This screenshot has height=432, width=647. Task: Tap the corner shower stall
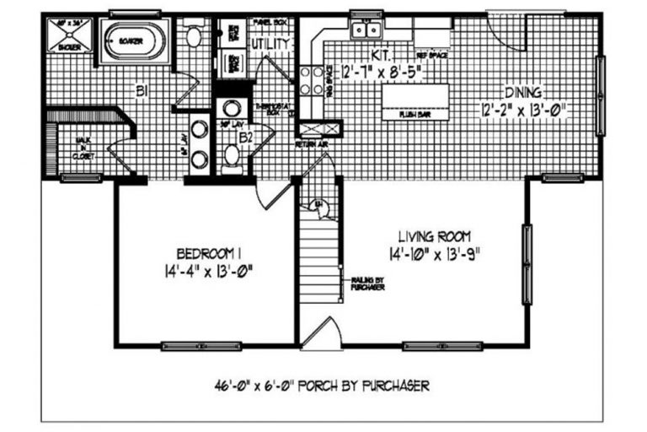pyautogui.click(x=68, y=36)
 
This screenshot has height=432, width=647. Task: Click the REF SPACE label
pyautogui.click(x=430, y=53)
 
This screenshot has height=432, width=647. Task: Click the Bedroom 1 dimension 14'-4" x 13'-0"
pyautogui.click(x=204, y=271)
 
